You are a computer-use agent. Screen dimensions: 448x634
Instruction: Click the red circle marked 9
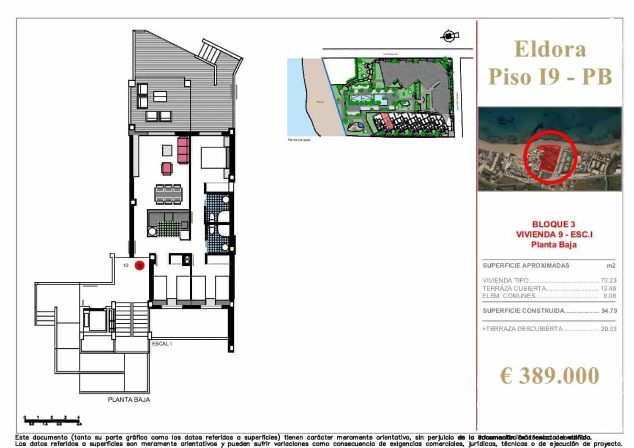(x=139, y=265)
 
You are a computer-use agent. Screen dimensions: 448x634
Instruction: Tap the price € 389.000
(x=549, y=375)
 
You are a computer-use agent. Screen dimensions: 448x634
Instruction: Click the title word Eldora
(x=550, y=49)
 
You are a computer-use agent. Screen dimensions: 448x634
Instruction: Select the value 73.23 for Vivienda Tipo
(x=608, y=280)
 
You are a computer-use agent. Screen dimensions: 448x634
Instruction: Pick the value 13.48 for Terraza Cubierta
(x=608, y=288)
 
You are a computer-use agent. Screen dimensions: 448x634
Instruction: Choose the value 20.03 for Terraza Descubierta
(x=608, y=329)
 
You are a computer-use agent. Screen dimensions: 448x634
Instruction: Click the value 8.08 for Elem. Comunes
(x=609, y=296)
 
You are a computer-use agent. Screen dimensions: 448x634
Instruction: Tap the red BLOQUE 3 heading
(x=553, y=224)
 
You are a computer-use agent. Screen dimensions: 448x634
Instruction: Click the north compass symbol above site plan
(x=449, y=36)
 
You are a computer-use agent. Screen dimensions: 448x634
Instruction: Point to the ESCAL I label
(x=162, y=344)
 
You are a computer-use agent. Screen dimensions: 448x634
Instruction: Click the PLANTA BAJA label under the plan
(x=129, y=399)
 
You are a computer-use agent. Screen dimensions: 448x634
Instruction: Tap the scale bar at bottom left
(x=52, y=420)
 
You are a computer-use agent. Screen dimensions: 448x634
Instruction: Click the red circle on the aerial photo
(x=549, y=156)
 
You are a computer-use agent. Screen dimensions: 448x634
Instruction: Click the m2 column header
(x=611, y=265)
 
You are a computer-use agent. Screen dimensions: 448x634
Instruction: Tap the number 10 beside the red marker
(x=126, y=265)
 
